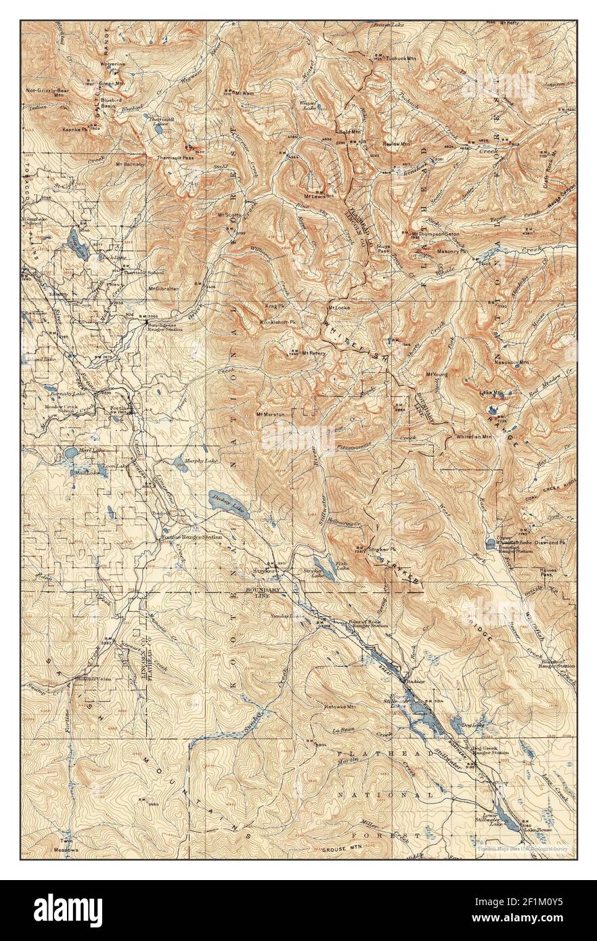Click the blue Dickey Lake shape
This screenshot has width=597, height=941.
point(228,504)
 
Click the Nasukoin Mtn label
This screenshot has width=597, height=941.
point(512,363)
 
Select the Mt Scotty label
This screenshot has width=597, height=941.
point(229,215)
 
